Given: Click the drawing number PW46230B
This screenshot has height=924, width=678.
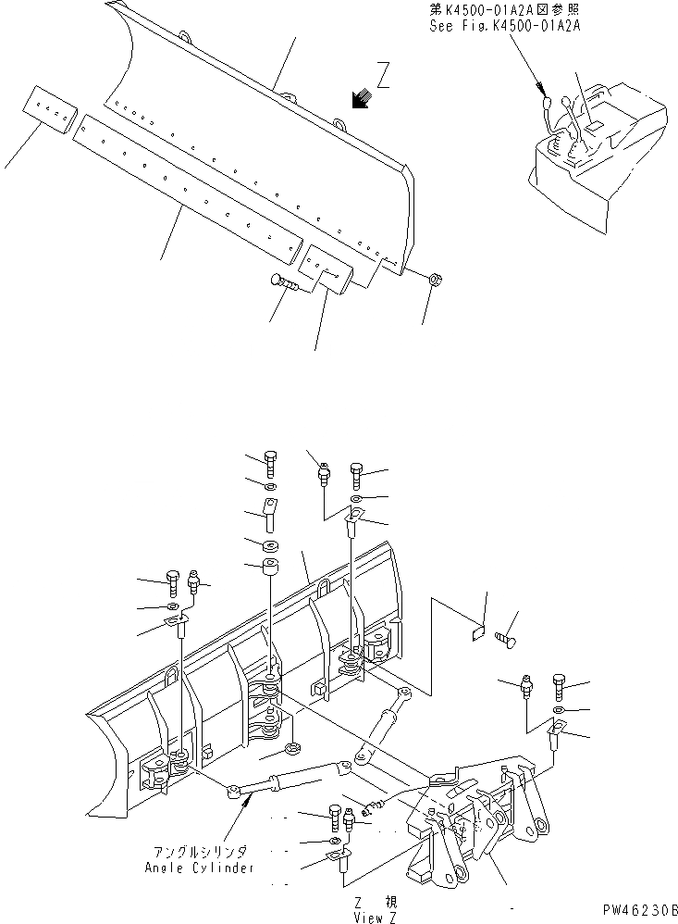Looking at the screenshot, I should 639,911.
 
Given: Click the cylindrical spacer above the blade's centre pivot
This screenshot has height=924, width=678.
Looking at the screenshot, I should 272,568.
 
